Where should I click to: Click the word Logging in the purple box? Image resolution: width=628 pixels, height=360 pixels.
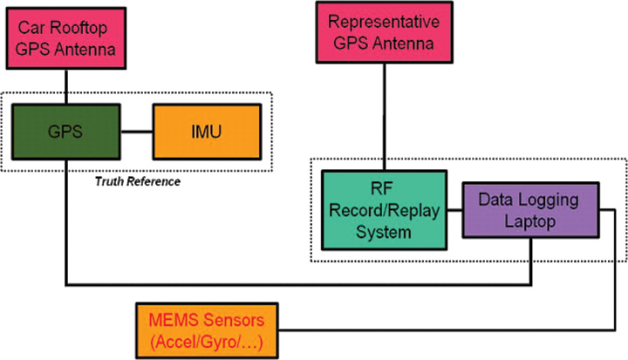click(555, 200)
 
